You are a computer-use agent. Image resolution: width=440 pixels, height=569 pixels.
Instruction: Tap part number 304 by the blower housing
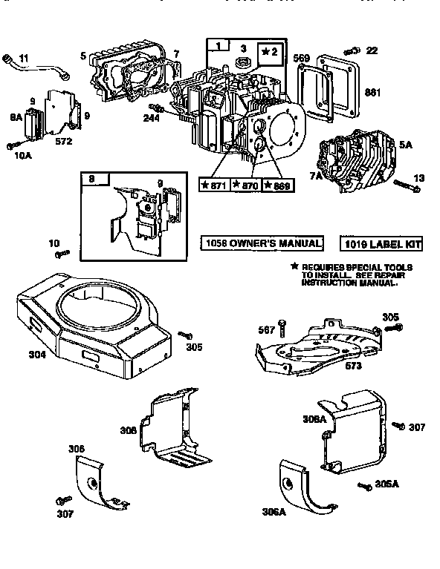pyautogui.click(x=37, y=355)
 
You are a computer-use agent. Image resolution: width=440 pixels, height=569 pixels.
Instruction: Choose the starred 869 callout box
pyautogui.click(x=277, y=185)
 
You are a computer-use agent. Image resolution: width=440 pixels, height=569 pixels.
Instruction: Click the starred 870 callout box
pyautogui.click(x=245, y=185)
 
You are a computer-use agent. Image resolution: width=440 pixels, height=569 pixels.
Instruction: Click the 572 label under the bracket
pyautogui.click(x=64, y=141)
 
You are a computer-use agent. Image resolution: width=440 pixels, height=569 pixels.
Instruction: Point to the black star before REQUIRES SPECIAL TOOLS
pyautogui.click(x=295, y=266)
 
